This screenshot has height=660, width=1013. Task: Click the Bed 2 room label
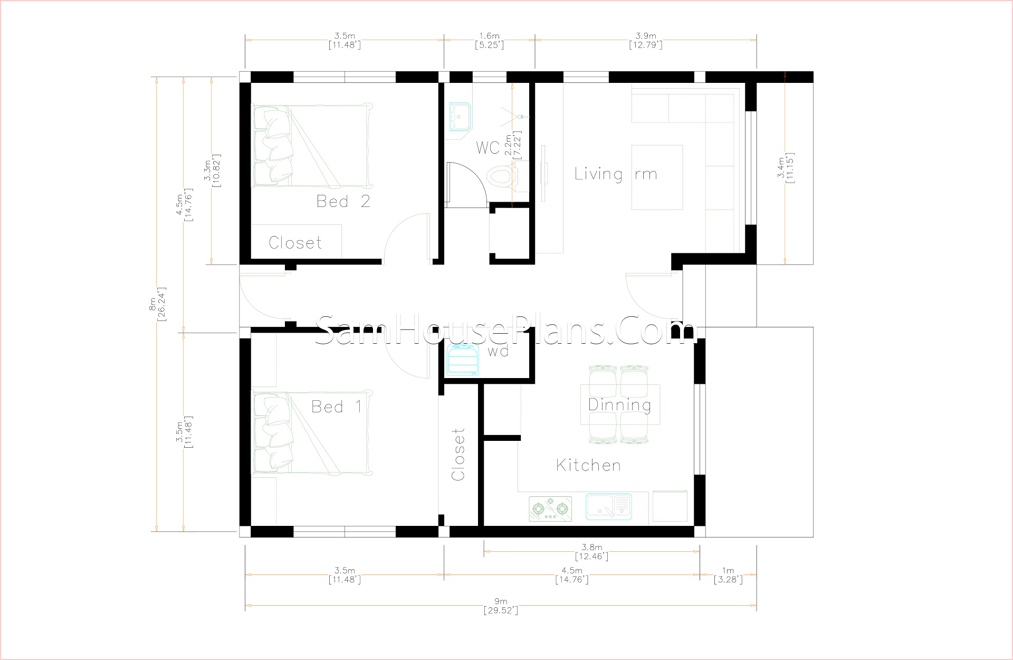[343, 201]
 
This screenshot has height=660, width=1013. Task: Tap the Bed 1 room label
[337, 407]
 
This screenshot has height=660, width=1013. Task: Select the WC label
[488, 147]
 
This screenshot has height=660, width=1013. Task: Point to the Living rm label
[616, 174]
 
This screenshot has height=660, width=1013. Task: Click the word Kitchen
[588, 465]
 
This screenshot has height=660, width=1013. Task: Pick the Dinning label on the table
[619, 405]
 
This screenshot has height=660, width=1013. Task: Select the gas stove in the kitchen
[550, 508]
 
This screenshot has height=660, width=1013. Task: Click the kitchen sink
[608, 506]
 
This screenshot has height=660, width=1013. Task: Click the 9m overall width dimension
[501, 606]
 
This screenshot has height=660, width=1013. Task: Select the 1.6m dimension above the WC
[489, 40]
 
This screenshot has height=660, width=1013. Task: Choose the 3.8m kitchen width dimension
[591, 552]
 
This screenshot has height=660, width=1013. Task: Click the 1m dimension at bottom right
[728, 575]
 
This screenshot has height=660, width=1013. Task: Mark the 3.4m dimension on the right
[785, 168]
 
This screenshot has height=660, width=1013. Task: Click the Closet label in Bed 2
[295, 243]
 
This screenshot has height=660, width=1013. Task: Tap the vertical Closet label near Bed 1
[458, 454]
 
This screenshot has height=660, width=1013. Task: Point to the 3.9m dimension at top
[646, 40]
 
